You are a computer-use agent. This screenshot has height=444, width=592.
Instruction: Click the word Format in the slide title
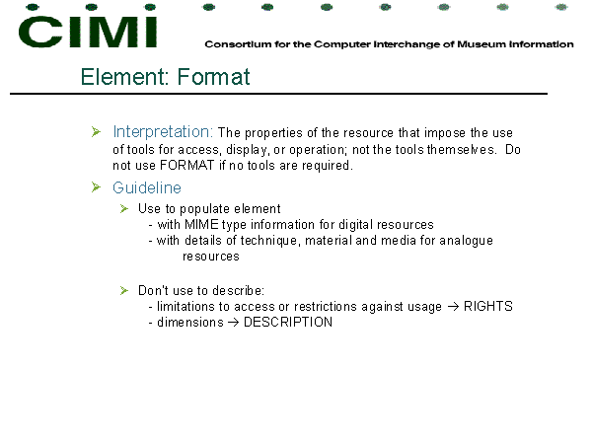coord(213,77)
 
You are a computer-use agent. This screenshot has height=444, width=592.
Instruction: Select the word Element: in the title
coord(125,77)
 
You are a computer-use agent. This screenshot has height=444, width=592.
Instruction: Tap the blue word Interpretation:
coord(163,132)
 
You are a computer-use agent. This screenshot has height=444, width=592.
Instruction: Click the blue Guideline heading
coord(147,187)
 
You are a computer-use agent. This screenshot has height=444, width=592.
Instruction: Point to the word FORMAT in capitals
coord(186,166)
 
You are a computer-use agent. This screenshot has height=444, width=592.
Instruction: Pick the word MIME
coord(201,225)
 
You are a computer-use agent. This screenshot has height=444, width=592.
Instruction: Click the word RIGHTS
coord(487,306)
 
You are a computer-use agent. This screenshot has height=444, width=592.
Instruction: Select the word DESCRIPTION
coord(288,322)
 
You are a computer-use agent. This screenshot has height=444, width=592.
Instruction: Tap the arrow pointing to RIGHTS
coord(453,307)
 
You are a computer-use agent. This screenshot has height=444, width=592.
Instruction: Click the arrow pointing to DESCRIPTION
coord(233,323)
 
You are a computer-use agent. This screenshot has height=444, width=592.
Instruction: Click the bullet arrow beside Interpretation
coord(96,132)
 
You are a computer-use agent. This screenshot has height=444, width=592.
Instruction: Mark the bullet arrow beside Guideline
coord(96,186)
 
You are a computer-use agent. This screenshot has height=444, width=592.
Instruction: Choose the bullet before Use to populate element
coord(124,209)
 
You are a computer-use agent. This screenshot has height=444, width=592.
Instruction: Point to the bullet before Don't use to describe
coord(124,290)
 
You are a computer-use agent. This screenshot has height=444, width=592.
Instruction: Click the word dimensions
coord(190,322)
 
